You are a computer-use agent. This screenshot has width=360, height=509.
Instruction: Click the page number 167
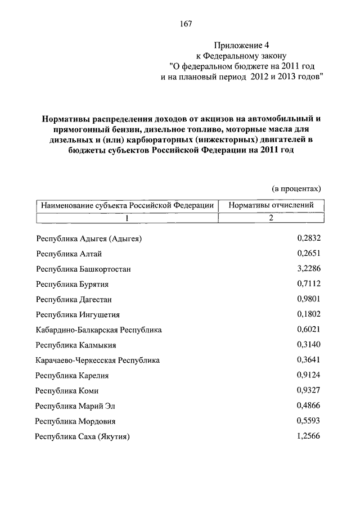[186, 24]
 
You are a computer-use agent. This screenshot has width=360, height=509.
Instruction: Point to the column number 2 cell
[271, 219]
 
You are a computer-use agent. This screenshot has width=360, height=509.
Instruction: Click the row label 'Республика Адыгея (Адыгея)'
[89, 239]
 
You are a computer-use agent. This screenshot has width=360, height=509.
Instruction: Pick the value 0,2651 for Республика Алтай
[308, 254]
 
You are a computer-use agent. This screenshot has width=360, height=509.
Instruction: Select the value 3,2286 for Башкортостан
[308, 269]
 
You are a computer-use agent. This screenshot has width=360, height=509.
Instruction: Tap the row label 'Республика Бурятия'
[72, 285]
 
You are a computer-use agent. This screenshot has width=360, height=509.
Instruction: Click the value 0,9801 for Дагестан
[308, 299]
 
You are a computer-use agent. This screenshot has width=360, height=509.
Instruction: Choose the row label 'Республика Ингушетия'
[78, 315]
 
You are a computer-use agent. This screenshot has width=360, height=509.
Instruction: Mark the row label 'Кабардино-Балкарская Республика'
[98, 330]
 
